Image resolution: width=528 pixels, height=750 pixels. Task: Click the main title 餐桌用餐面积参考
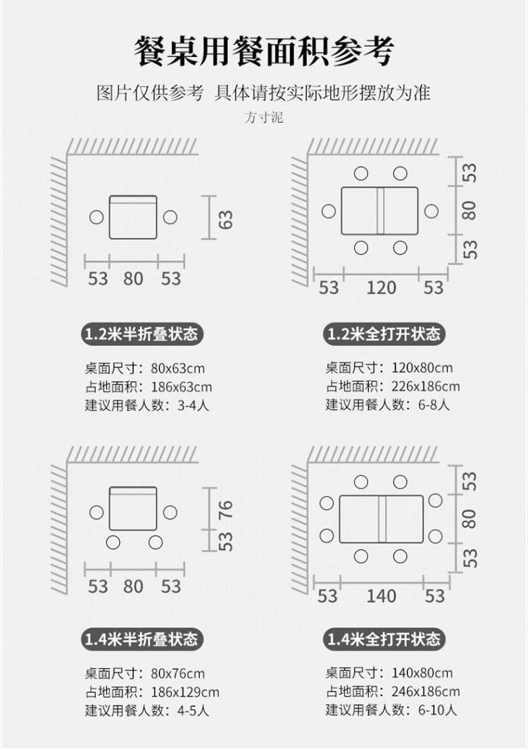tap(264, 51)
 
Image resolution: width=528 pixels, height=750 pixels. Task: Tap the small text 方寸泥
tap(264, 118)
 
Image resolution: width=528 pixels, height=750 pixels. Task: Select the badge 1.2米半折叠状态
tap(141, 333)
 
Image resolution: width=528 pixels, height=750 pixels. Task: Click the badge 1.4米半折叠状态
tap(141, 639)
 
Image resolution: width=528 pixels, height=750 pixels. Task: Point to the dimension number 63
tap(226, 219)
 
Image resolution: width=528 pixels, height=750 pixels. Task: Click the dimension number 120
tap(381, 288)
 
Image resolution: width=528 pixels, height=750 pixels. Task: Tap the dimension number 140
tap(381, 596)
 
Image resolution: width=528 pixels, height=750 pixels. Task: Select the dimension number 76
tap(226, 508)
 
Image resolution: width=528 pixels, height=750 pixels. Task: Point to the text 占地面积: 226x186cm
tap(392, 386)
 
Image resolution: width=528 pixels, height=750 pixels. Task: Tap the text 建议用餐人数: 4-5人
tap(147, 710)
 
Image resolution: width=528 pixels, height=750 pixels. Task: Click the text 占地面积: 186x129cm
tap(152, 691)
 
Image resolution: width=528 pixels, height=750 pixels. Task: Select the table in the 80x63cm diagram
tap(133, 217)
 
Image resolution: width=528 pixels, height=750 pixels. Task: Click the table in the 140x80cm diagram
tap(381, 519)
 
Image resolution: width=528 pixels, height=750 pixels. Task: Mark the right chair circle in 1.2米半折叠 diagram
tap(170, 217)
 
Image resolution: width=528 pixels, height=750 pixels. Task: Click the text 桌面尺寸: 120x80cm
tap(389, 368)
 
